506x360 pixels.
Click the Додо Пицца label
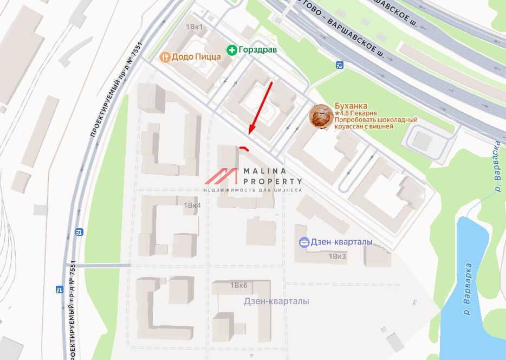[x=196, y=56]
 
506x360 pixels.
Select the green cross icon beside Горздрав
[x=232, y=50]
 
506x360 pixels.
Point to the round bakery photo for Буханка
[x=321, y=116]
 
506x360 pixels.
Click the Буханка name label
[x=351, y=106]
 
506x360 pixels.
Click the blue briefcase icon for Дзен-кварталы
[x=304, y=242]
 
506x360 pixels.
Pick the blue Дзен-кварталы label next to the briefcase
[x=341, y=242]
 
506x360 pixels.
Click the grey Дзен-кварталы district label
[x=276, y=301]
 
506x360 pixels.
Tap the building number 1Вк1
[x=194, y=27]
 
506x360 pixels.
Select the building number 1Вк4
[x=192, y=205]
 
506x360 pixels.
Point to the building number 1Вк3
[x=337, y=256]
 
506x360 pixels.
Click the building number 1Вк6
[x=238, y=285]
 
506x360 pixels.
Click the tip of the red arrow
[x=249, y=133]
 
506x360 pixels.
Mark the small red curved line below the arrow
[x=244, y=147]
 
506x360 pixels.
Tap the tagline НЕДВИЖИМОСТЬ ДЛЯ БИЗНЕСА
[x=252, y=190]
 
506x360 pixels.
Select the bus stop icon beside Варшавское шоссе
[x=340, y=66]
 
